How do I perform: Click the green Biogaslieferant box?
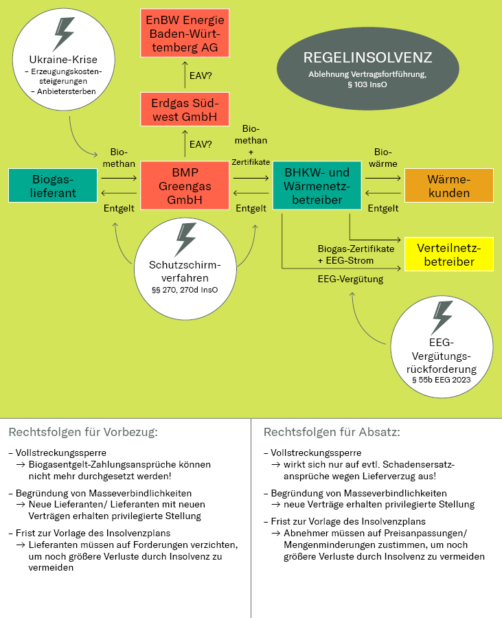[x=53, y=185]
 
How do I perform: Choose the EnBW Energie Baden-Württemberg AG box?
[x=185, y=33]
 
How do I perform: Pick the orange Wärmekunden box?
[x=449, y=185]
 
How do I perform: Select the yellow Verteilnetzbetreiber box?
[x=449, y=255]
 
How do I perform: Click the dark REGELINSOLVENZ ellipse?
[x=367, y=65]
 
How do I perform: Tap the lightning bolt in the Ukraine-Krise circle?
[x=64, y=34]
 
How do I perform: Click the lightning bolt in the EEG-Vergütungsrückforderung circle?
[x=442, y=317]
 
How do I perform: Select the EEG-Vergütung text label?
[x=350, y=279]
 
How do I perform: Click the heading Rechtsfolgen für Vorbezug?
[x=83, y=433]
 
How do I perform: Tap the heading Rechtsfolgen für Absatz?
[x=332, y=433]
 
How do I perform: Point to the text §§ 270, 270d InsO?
[x=185, y=290]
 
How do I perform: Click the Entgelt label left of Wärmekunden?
[x=383, y=208]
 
